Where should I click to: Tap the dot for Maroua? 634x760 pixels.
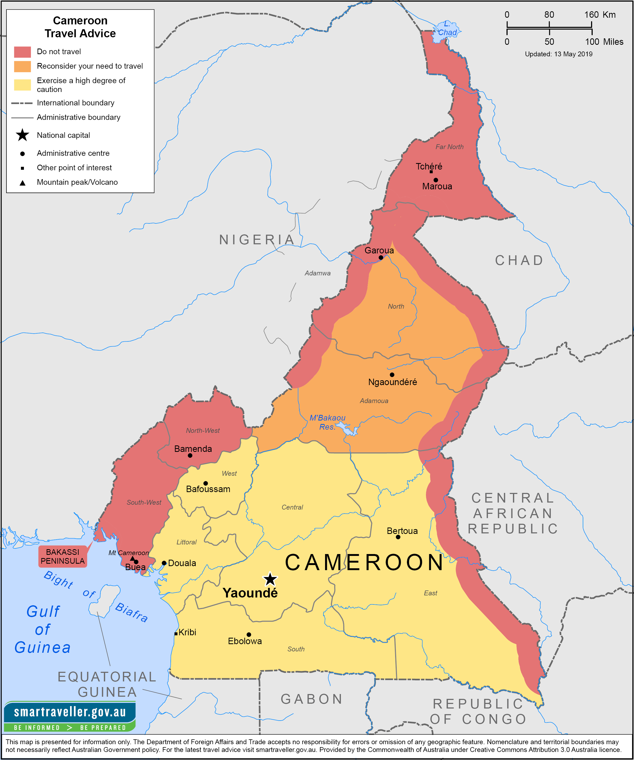(x=436, y=180)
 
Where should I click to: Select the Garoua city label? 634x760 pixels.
(x=379, y=250)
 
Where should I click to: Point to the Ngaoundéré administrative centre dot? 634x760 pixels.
(x=392, y=375)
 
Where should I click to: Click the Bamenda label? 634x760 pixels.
(x=193, y=449)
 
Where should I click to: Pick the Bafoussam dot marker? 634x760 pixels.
(x=206, y=483)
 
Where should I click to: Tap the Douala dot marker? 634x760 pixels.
(x=164, y=563)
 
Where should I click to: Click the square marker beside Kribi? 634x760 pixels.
(x=176, y=634)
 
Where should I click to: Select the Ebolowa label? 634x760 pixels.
(x=245, y=641)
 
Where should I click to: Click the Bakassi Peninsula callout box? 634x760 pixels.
(x=63, y=556)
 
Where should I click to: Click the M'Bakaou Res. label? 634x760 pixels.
(x=327, y=422)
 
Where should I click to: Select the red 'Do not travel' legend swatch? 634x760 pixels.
(x=23, y=52)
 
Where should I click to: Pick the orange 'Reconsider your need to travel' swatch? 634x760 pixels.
(x=23, y=66)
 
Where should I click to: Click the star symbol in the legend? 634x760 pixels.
(x=23, y=135)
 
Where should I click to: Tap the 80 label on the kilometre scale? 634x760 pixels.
(x=549, y=14)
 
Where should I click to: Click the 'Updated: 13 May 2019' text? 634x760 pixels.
(x=559, y=54)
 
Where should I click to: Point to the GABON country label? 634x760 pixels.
(x=312, y=699)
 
